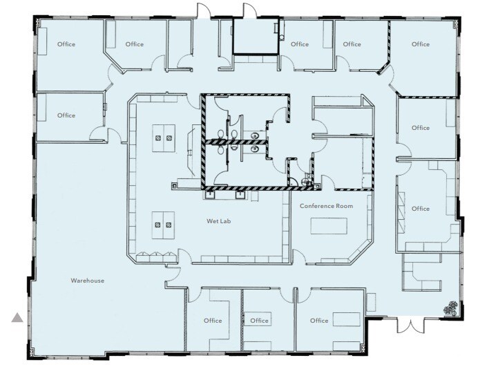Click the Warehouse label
[x=87, y=281]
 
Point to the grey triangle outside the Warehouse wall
[x=17, y=317]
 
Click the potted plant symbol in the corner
[x=452, y=308]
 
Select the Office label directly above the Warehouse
[x=66, y=115]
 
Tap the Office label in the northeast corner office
[x=420, y=44]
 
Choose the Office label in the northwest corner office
[x=66, y=44]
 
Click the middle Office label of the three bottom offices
[x=259, y=321]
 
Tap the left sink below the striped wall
[x=208, y=194]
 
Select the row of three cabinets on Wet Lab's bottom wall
[x=156, y=256]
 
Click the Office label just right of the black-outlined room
[x=300, y=44]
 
